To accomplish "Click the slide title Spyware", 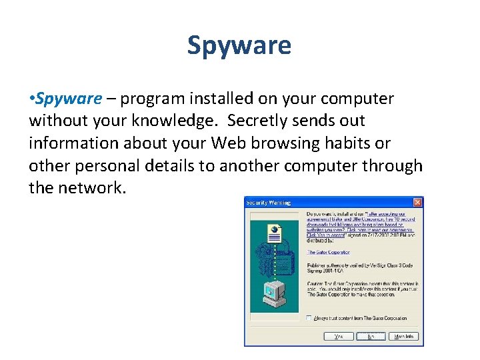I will point(239,46).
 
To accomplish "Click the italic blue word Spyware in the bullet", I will point(69,99).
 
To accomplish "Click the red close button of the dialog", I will point(417,202).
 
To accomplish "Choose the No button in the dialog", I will point(371,337).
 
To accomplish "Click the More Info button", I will point(404,337).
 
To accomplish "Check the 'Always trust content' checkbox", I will point(309,318).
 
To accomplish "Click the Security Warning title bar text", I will point(269,202).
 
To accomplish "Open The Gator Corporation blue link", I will point(329,252).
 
